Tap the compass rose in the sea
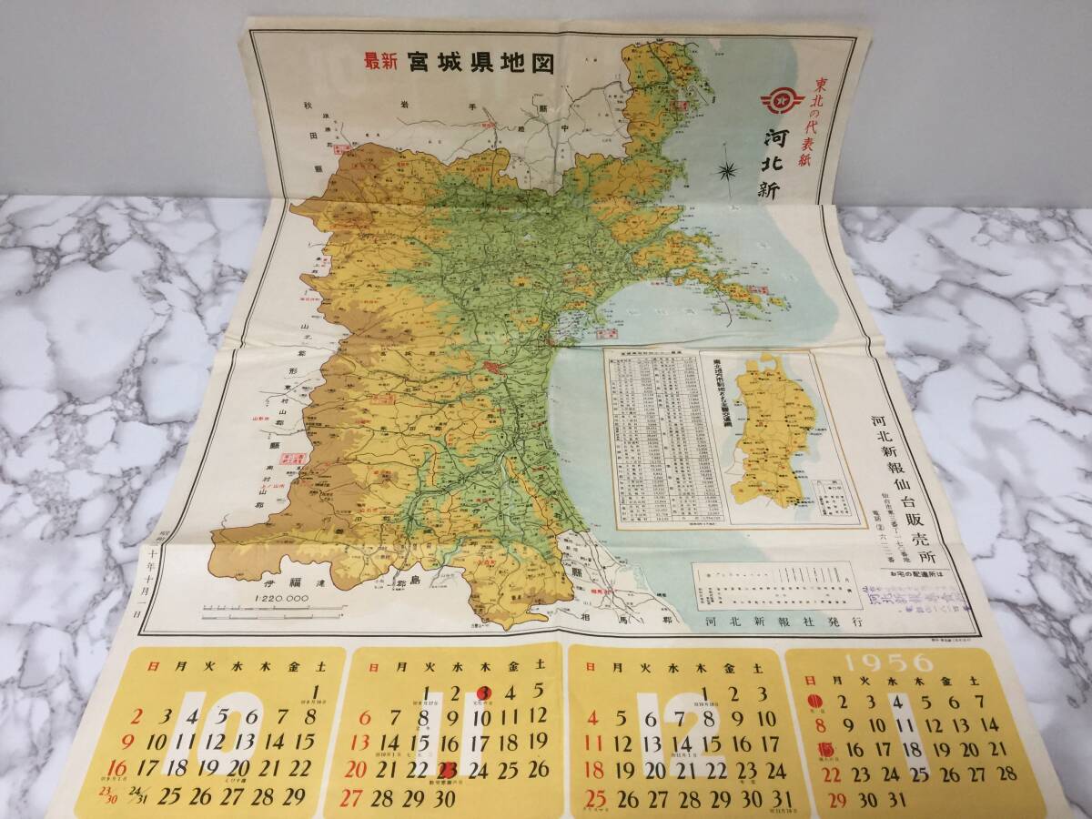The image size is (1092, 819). (x=728, y=169)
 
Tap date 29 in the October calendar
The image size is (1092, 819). (x=293, y=796)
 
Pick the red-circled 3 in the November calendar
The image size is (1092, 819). (x=485, y=693)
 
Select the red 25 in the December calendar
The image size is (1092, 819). (x=596, y=799)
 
